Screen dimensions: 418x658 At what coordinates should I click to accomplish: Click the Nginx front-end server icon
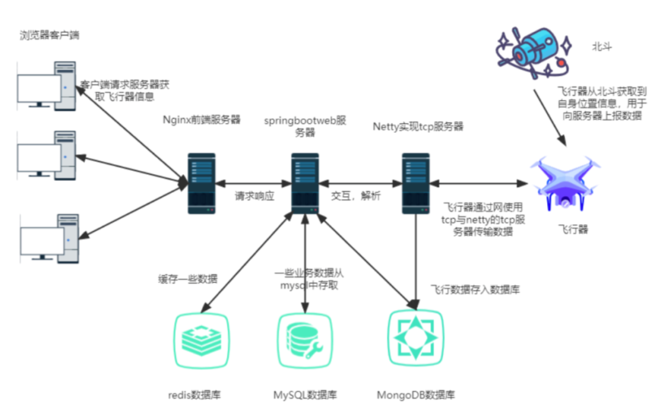point(201,183)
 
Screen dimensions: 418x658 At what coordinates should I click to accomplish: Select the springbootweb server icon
point(305,183)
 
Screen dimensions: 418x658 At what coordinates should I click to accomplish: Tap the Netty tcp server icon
point(416,183)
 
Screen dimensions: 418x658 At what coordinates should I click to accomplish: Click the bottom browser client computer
point(49,238)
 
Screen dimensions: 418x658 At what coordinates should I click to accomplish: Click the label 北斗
point(601,47)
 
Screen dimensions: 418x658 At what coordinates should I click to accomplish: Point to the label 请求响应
point(255,197)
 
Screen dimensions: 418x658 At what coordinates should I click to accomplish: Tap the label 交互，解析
point(356,197)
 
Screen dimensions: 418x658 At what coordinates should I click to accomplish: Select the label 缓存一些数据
point(187,279)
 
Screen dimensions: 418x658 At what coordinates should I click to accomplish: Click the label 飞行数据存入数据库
point(475,289)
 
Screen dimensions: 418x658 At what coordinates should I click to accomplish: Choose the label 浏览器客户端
point(49,35)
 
